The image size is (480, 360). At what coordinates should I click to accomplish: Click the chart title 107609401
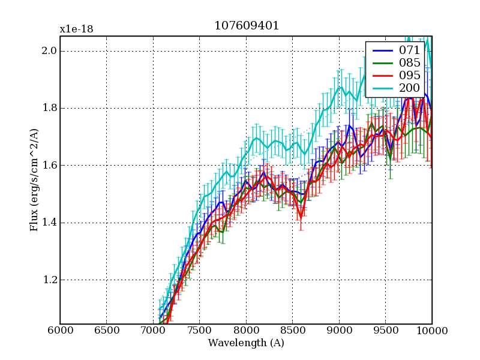pyautogui.click(x=246, y=26)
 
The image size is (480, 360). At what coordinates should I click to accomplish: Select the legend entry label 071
pyautogui.click(x=410, y=50)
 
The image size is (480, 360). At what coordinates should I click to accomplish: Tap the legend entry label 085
pyautogui.click(x=410, y=63)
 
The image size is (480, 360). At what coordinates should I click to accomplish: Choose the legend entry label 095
pyautogui.click(x=410, y=76)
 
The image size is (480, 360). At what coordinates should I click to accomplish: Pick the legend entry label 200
pyautogui.click(x=410, y=88)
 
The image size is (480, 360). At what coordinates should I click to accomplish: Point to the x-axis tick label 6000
pyautogui.click(x=60, y=331)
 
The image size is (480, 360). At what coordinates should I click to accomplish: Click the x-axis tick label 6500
pyautogui.click(x=106, y=331)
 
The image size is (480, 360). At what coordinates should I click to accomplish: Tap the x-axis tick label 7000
pyautogui.click(x=153, y=331)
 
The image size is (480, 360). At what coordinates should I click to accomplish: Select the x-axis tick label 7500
pyautogui.click(x=199, y=331)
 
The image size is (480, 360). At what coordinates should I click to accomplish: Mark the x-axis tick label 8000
pyautogui.click(x=246, y=331)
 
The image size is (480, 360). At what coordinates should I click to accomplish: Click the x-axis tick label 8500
pyautogui.click(x=292, y=331)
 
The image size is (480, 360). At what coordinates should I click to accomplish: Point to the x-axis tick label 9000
pyautogui.click(x=339, y=331)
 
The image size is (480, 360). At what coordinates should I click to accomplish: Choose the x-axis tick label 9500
pyautogui.click(x=385, y=331)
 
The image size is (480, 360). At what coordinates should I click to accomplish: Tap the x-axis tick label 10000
pyautogui.click(x=432, y=331)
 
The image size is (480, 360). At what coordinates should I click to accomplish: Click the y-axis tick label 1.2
pyautogui.click(x=49, y=280)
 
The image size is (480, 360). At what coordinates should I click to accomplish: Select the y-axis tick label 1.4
pyautogui.click(x=49, y=223)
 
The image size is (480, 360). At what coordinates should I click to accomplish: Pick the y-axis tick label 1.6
pyautogui.click(x=49, y=166)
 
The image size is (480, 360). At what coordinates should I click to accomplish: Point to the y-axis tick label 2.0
pyautogui.click(x=49, y=51)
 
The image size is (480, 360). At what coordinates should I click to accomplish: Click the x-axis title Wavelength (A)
pyautogui.click(x=246, y=343)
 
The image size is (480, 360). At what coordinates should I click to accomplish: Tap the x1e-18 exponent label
pyautogui.click(x=76, y=29)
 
